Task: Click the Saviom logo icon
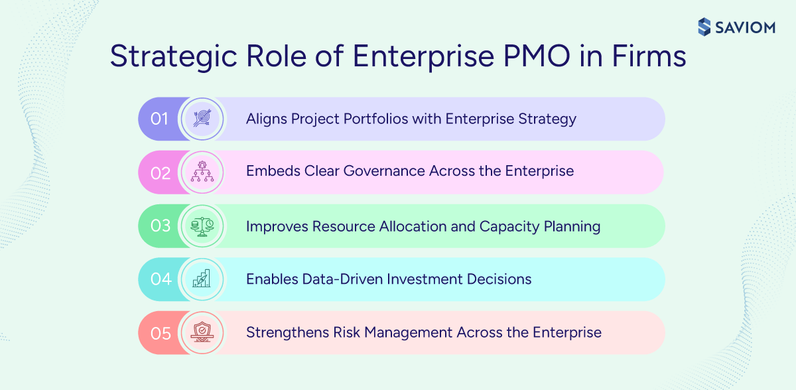click(705, 27)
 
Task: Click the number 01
click(160, 119)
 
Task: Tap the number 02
click(161, 173)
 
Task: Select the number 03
click(161, 226)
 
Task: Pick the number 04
click(161, 279)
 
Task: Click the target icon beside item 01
click(202, 119)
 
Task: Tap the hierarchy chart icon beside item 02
click(202, 172)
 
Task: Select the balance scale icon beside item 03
click(202, 226)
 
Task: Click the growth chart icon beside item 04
click(202, 279)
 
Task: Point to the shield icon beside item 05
click(202, 332)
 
